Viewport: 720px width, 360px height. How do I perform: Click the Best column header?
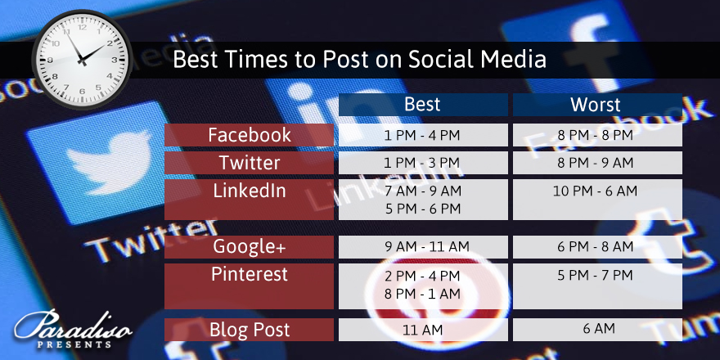[x=423, y=105]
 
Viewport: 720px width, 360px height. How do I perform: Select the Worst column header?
[x=597, y=105]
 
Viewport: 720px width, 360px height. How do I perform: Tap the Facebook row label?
[x=249, y=135]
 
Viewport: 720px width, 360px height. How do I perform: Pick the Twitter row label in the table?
[x=249, y=163]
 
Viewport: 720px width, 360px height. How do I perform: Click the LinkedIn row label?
[x=249, y=200]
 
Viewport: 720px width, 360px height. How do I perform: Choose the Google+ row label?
[x=249, y=247]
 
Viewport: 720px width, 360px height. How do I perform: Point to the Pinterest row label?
[x=249, y=286]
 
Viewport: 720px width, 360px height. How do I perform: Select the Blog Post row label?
[x=249, y=330]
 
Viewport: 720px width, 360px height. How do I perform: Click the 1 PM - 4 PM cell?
[x=423, y=135]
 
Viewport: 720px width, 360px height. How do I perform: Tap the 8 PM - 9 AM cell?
[x=597, y=163]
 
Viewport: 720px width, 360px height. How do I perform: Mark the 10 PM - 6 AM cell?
[x=597, y=200]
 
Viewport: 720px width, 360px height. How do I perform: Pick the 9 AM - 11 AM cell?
[x=423, y=247]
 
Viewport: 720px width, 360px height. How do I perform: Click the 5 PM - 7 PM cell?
[x=597, y=286]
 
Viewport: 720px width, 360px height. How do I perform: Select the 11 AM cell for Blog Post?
[x=423, y=330]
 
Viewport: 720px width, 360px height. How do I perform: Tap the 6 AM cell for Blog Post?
[x=597, y=330]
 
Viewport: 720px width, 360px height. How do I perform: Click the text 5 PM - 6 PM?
[x=423, y=209]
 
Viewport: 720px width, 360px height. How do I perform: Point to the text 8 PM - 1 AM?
[x=422, y=294]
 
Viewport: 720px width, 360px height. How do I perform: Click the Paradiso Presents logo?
[x=73, y=329]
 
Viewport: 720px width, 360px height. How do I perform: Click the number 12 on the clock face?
[x=82, y=28]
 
